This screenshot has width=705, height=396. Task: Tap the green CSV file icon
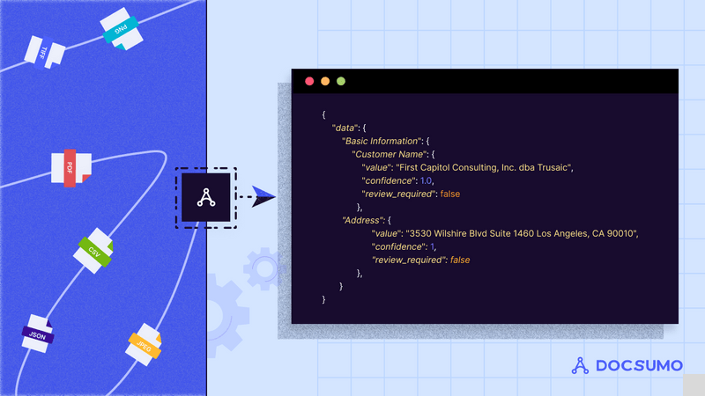click(93, 249)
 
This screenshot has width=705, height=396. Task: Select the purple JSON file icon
click(37, 334)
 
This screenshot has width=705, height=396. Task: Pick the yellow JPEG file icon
click(143, 343)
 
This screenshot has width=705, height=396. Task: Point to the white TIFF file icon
click(43, 52)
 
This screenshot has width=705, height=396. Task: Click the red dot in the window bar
click(309, 82)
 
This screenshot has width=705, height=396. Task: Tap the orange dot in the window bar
click(325, 82)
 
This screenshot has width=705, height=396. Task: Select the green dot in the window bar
click(341, 82)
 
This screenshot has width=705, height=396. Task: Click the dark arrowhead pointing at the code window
click(263, 195)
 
